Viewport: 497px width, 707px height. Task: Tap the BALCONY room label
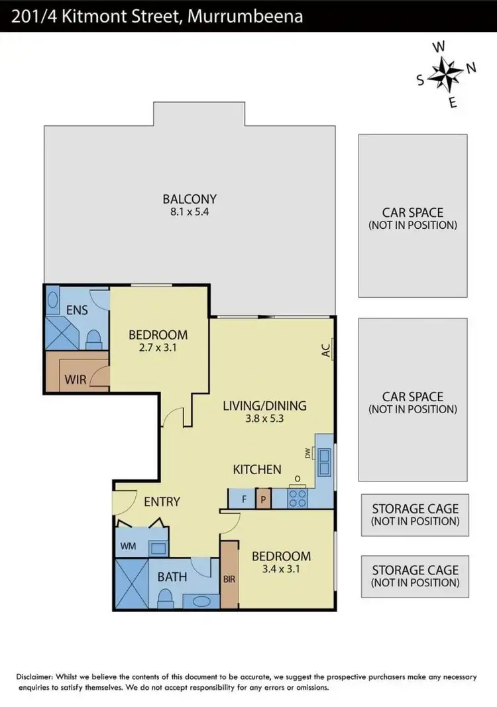(190, 198)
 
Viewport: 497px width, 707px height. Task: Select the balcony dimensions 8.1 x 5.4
(190, 212)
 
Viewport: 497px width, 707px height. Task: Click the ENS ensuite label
(78, 310)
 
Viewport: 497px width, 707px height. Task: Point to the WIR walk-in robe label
(76, 381)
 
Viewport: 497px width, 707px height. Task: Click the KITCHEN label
(257, 470)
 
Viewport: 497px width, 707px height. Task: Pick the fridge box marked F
(243, 499)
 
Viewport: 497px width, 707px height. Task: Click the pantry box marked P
(264, 499)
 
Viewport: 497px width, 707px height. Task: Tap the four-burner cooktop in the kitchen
(297, 498)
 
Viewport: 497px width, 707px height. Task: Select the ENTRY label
(162, 501)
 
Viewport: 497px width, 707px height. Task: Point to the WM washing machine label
(128, 547)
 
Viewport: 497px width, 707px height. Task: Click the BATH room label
(172, 577)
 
